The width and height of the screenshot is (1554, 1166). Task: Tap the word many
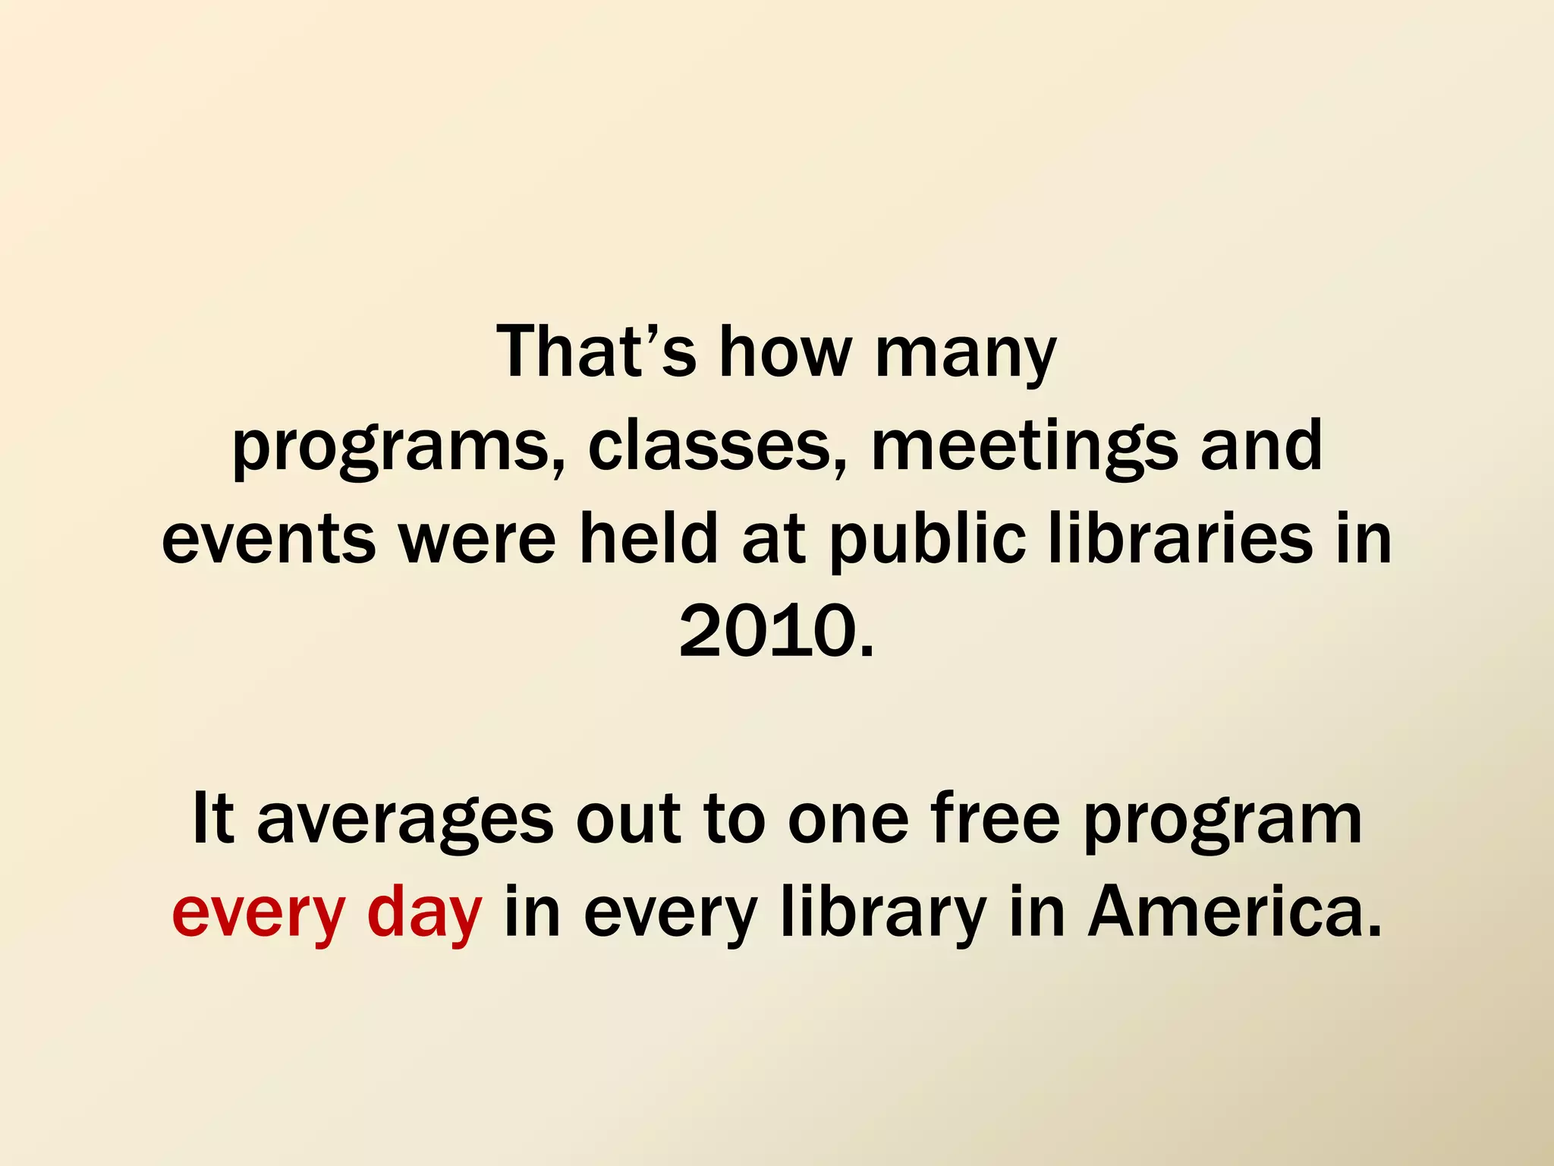[965, 355]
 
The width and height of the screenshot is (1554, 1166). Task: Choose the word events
[269, 540]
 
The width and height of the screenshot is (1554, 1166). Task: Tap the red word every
[259, 915]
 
